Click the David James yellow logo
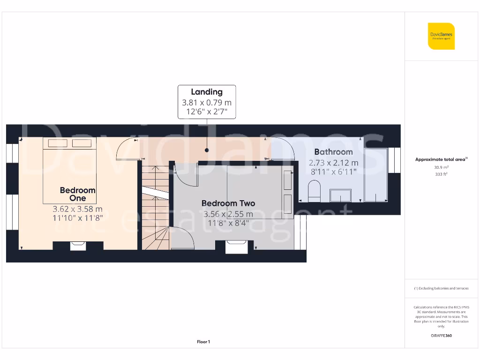coord(441,36)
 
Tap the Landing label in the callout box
coord(207,92)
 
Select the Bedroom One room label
coord(78,194)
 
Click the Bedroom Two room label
coord(228,203)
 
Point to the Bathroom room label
coord(333,152)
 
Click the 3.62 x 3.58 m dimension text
coord(78,210)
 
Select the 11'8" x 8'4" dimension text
coord(228,223)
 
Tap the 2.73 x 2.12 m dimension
coord(333,163)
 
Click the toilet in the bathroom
coord(314,192)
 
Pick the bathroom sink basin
coord(341,195)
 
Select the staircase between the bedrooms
coord(155,206)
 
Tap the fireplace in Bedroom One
coord(77,246)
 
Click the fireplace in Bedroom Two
coord(236,247)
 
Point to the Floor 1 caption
coord(203,342)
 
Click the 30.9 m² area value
coord(441,167)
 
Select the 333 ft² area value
coord(441,174)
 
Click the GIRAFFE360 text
coord(441,336)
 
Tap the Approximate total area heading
coord(441,159)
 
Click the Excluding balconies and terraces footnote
coord(441,288)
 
